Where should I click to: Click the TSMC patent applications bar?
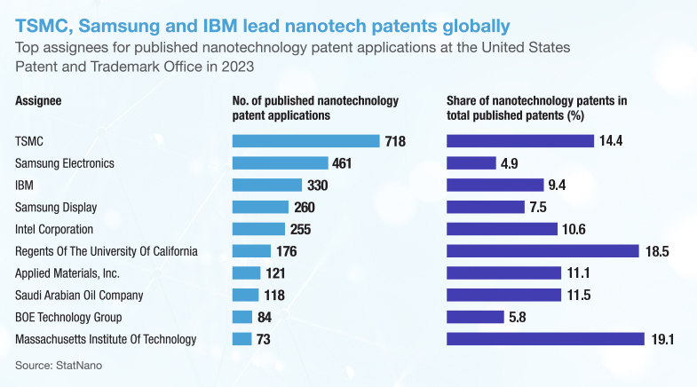pos(305,141)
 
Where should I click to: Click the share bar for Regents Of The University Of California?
pos(543,251)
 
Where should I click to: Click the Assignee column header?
pos(38,101)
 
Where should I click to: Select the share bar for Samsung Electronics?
pos(471,163)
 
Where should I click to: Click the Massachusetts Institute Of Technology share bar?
pos(544,339)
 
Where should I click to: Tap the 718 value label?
pos(395,141)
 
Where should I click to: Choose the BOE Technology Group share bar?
pos(476,317)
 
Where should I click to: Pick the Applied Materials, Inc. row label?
pos(67,272)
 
